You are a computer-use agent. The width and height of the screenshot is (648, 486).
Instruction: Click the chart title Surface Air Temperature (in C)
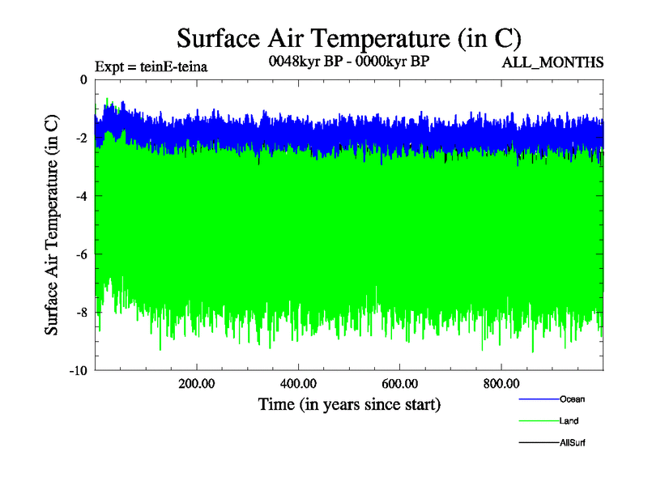[348, 38]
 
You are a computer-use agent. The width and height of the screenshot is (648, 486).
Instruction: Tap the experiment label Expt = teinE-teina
[151, 66]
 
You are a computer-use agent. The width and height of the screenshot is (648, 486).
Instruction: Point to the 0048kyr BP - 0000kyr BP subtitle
[348, 60]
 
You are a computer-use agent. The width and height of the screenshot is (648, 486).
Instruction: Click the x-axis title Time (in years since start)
[349, 403]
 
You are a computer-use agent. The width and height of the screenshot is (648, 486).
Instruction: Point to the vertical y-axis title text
[51, 225]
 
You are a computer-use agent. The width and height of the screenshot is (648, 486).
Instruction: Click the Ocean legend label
[572, 399]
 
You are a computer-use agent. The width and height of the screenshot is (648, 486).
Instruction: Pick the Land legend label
[569, 420]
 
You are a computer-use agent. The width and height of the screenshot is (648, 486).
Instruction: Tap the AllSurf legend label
[573, 442]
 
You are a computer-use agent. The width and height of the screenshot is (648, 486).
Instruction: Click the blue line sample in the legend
[538, 399]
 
